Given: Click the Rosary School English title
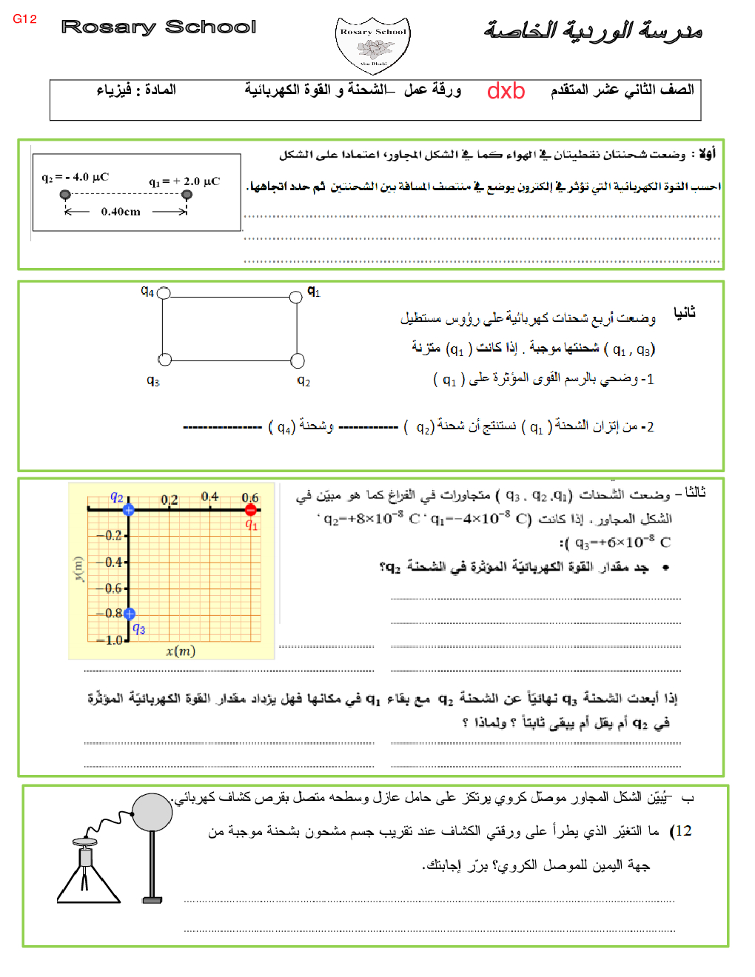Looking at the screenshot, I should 158,27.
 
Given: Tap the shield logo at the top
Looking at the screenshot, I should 373,45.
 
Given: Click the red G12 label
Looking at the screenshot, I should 24,19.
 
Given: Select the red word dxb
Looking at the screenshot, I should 506,91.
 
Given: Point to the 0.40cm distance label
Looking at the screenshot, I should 121,212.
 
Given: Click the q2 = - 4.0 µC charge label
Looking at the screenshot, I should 75,178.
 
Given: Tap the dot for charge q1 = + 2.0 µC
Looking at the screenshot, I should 187,195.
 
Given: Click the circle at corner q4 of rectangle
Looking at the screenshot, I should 164,293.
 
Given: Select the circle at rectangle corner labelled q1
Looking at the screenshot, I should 297,298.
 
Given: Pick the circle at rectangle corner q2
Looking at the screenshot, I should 298,360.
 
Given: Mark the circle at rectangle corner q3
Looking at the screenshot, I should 165,359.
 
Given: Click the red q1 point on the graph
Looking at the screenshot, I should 251,510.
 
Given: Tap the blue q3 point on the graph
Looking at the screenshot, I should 130,614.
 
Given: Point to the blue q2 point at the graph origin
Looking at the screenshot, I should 129,510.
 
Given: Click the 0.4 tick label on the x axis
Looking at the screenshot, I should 209,497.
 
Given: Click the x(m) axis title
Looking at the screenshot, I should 181,651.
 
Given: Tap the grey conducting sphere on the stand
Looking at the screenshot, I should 152,812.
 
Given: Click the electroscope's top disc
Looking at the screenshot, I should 85,842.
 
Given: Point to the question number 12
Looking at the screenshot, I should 681,831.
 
